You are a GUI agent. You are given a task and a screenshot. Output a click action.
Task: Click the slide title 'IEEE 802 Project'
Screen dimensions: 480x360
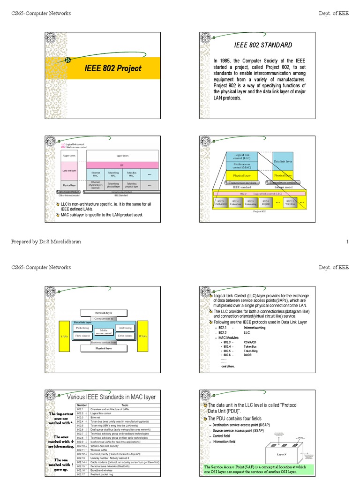[112, 68]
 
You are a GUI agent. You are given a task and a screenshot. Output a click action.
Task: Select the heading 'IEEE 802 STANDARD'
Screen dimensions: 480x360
[262, 45]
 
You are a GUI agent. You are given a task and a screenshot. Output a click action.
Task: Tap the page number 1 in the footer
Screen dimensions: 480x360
[347, 241]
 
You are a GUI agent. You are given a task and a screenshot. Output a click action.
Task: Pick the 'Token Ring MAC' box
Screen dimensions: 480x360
[113, 174]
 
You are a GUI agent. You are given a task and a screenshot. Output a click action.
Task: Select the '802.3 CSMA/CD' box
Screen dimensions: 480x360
[220, 202]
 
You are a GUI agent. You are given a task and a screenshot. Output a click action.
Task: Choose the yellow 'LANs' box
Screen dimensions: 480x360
[65, 336]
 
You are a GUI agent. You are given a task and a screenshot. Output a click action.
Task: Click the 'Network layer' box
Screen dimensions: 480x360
[104, 312]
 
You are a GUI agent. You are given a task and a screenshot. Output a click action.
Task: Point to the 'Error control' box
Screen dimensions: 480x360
[125, 336]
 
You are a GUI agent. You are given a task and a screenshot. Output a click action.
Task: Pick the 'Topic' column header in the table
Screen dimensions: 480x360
[125, 405]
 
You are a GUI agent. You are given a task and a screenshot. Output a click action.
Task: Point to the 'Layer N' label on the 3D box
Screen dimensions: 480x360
[281, 454]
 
